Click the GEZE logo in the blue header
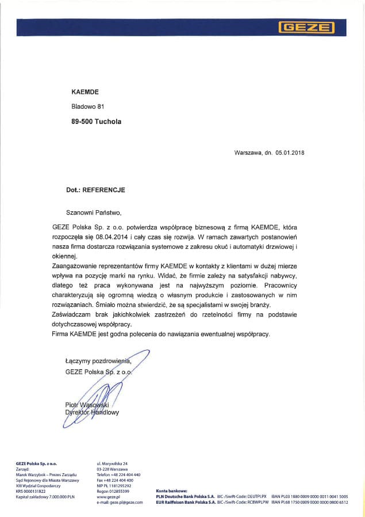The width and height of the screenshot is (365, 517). point(306,27)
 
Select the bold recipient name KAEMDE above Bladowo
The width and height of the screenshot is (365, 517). point(85,92)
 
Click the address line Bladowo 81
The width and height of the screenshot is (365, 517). point(87,107)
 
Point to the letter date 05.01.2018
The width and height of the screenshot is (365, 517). point(290,153)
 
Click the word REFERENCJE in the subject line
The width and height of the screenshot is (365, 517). point(104,189)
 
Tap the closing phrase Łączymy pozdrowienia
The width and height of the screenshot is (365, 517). point(98,361)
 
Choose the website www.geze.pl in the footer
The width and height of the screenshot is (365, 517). point(107,496)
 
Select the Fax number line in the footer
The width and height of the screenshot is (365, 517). point(115,480)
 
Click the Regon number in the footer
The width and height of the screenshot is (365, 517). point(113,490)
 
